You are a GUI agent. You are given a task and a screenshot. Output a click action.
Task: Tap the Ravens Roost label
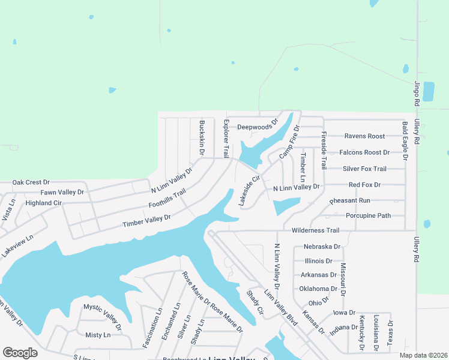(364, 136)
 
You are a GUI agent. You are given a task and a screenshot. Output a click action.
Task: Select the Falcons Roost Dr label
(364, 152)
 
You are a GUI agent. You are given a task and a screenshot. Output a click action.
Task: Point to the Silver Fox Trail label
(364, 169)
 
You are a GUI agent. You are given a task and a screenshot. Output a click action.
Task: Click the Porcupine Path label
(368, 215)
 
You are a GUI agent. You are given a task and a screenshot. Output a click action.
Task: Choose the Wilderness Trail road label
(315, 230)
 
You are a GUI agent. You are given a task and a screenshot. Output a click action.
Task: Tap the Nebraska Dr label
(322, 247)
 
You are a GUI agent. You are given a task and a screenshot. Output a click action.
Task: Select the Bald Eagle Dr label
(405, 141)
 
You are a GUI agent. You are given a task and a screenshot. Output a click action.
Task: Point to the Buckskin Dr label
(202, 138)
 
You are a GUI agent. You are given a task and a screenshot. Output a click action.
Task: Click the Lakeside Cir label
(249, 191)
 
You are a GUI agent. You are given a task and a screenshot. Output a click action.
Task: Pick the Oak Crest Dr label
(31, 182)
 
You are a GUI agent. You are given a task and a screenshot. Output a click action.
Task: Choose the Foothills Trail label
(167, 199)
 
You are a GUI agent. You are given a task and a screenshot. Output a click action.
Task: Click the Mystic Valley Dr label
(102, 317)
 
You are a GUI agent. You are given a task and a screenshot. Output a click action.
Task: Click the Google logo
(20, 353)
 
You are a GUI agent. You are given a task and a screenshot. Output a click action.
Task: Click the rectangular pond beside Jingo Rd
(429, 91)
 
